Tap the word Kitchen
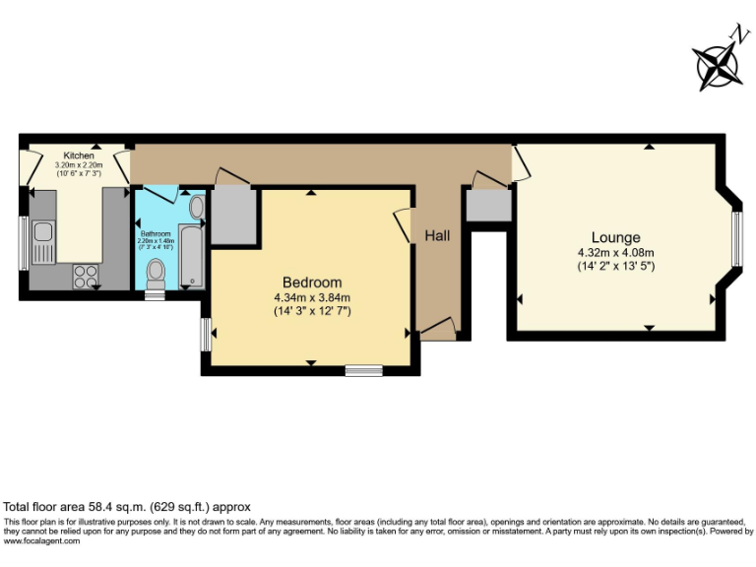(79, 156)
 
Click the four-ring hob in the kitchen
(86, 276)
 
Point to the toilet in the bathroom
(155, 274)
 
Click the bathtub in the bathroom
(193, 250)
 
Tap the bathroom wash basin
(195, 208)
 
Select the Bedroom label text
(312, 282)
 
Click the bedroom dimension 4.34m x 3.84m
(312, 297)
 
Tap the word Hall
(437, 236)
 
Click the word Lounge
(615, 237)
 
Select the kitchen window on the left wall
(24, 242)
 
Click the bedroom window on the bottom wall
(363, 371)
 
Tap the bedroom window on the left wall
(206, 334)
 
